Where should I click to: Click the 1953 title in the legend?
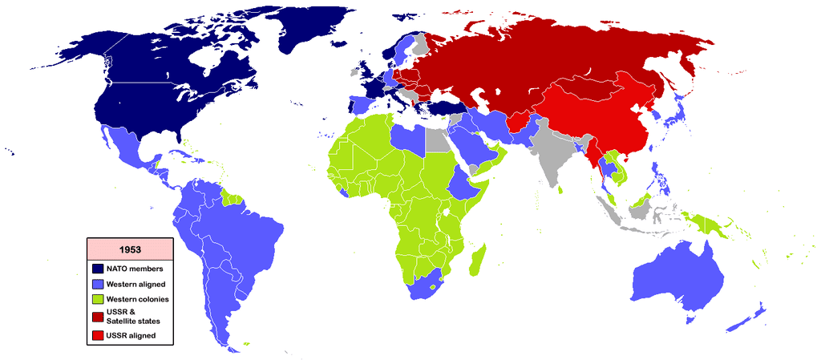click(x=129, y=249)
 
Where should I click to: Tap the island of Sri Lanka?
click(x=563, y=191)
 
